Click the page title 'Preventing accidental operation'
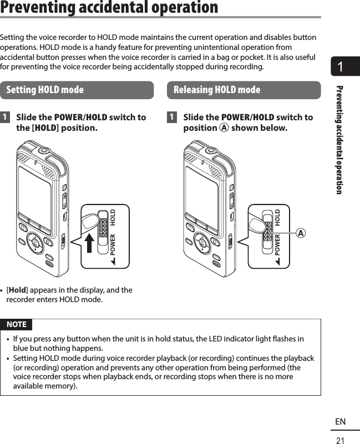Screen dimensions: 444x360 (109, 8)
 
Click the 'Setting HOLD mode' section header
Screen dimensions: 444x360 (45, 90)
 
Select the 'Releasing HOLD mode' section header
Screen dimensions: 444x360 (217, 90)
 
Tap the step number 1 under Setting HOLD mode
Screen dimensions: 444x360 (5, 118)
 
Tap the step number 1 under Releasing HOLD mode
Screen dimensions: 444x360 (173, 118)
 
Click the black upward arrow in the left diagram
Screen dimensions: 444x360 (89, 243)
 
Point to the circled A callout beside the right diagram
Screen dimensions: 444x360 (300, 233)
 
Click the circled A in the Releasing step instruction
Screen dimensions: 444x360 (224, 129)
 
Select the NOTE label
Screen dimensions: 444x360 (16, 324)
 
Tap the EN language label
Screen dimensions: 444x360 (340, 422)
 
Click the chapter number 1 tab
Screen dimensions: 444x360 (340, 68)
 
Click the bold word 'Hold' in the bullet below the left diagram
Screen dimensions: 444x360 (18, 290)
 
